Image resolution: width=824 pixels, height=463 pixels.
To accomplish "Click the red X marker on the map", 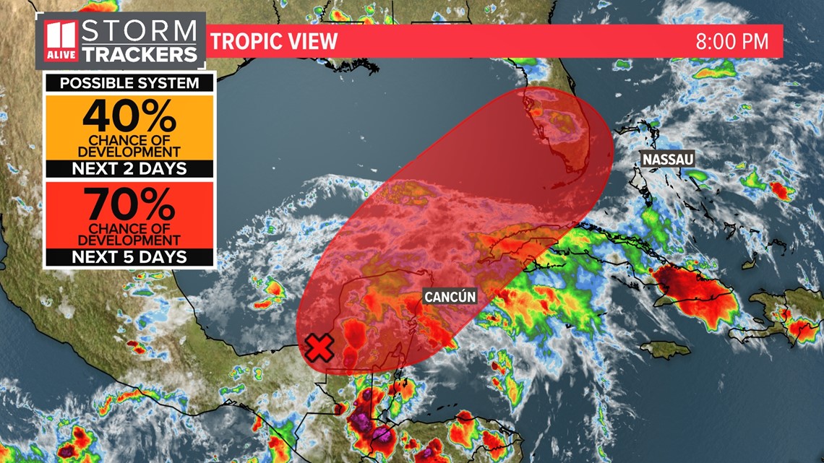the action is click(x=319, y=348).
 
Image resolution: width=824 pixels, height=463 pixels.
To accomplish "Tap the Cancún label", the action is click(x=450, y=296).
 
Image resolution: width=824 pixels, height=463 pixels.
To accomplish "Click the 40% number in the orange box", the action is click(x=129, y=116).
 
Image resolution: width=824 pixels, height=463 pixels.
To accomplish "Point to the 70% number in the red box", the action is click(x=129, y=204).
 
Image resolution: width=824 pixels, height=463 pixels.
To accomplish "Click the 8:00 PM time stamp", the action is click(x=731, y=41).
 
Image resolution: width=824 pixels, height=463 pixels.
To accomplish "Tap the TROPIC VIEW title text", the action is click(x=275, y=41).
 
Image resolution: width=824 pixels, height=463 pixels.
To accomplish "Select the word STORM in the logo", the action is click(x=139, y=31).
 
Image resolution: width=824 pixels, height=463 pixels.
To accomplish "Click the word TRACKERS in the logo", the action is click(x=139, y=53).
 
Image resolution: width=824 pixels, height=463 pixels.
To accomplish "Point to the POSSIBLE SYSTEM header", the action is click(x=129, y=83).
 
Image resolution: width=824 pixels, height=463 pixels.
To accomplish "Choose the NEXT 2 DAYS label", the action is click(x=129, y=169).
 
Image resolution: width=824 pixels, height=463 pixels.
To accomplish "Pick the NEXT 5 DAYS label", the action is click(x=129, y=256).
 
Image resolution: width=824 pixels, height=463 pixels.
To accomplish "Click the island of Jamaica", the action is click(x=665, y=350).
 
